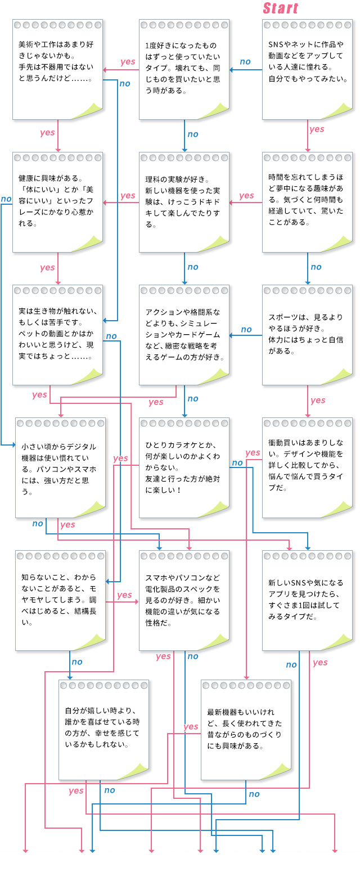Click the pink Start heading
(280, 8)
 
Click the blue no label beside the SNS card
(245, 62)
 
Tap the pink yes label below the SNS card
(317, 129)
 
